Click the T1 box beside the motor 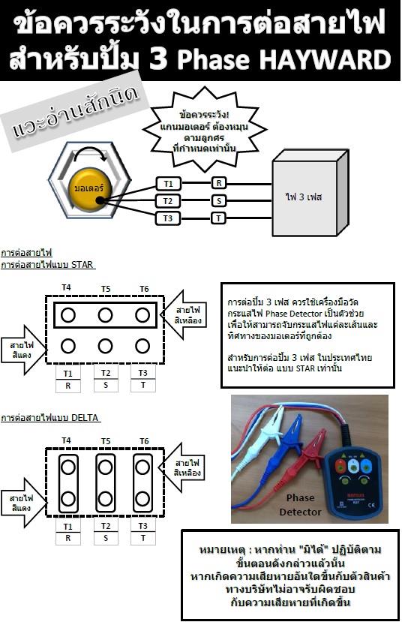tap(168, 184)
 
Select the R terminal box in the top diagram tap(219, 183)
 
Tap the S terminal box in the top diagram tap(219, 201)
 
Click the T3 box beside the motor tap(168, 218)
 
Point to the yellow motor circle tap(89, 188)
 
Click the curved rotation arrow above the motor tap(91, 150)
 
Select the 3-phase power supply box tap(310, 194)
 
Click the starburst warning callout tap(204, 130)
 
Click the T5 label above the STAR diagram tap(106, 289)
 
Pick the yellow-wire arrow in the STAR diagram tap(184, 315)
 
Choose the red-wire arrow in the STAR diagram tap(24, 350)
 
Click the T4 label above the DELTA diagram tap(66, 440)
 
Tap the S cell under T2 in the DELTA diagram tap(106, 538)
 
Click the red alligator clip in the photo tap(313, 448)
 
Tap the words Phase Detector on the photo tap(301, 505)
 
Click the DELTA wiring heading tap(50, 417)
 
